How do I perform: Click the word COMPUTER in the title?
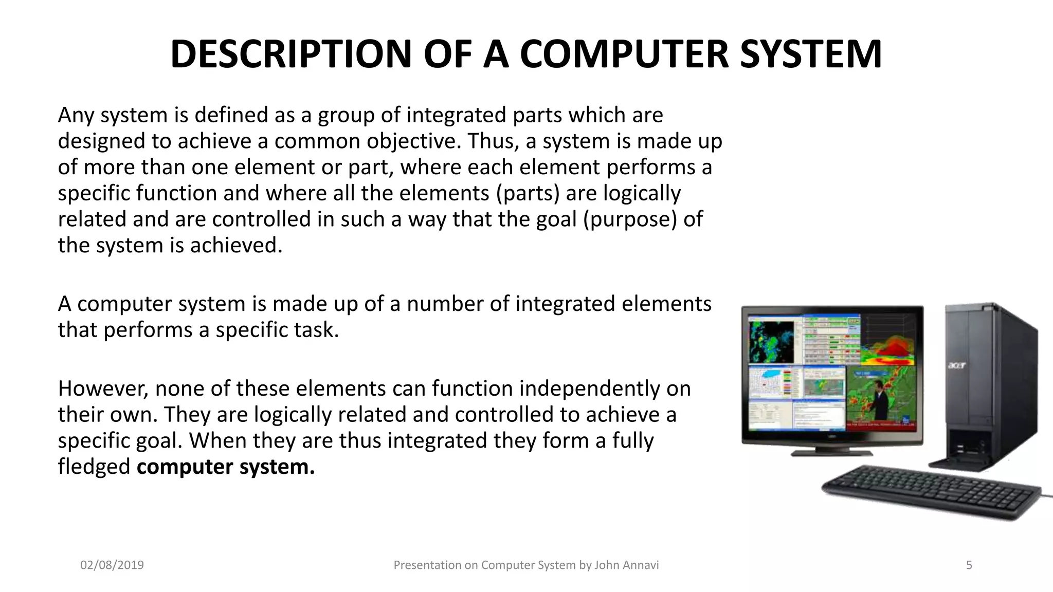[x=624, y=54]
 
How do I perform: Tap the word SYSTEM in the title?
[x=811, y=54]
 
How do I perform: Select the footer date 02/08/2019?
[x=112, y=565]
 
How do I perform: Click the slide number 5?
[x=969, y=565]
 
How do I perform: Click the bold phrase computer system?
[x=225, y=467]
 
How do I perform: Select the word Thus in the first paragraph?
[x=491, y=141]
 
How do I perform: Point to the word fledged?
[x=94, y=467]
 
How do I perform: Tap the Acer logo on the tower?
[x=956, y=365]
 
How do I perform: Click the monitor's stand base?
[x=831, y=453]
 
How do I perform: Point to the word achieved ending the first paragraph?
[x=236, y=246]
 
